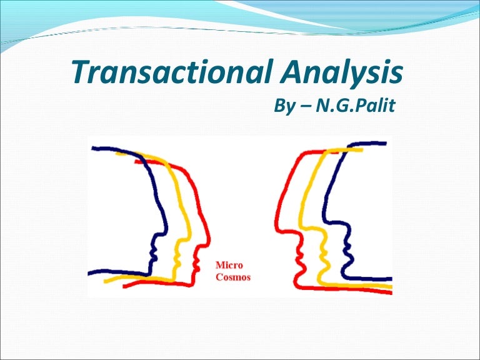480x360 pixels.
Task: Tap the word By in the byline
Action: click(x=285, y=107)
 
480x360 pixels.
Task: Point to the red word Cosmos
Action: click(x=232, y=277)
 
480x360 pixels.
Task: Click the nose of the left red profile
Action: click(x=209, y=239)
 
